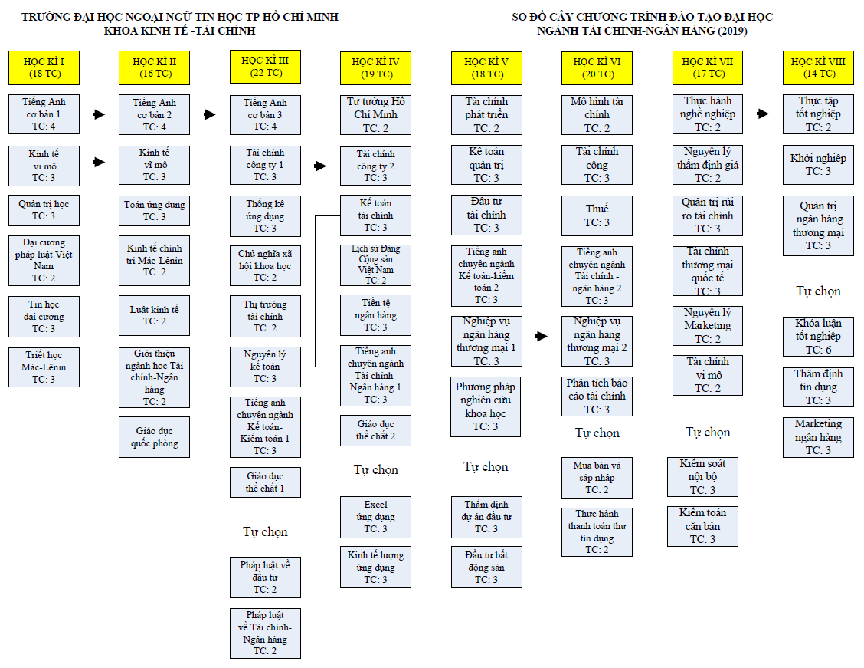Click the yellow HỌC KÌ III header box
click(265, 67)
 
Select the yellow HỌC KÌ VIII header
click(818, 67)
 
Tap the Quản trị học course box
click(44, 210)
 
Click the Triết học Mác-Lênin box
click(44, 367)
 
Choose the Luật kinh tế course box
click(154, 315)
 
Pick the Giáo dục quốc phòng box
click(154, 437)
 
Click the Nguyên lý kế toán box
click(265, 367)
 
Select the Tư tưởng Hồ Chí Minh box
click(376, 115)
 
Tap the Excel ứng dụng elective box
click(376, 517)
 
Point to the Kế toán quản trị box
click(486, 164)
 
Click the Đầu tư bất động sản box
click(486, 567)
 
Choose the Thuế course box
click(597, 216)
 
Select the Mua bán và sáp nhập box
click(597, 478)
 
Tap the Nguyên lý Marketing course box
click(708, 325)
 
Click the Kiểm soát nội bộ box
click(702, 476)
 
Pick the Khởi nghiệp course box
click(818, 164)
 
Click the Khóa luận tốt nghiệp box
click(818, 336)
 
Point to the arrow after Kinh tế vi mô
click(99, 162)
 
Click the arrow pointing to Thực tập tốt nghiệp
click(763, 114)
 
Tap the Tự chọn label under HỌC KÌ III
click(265, 531)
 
